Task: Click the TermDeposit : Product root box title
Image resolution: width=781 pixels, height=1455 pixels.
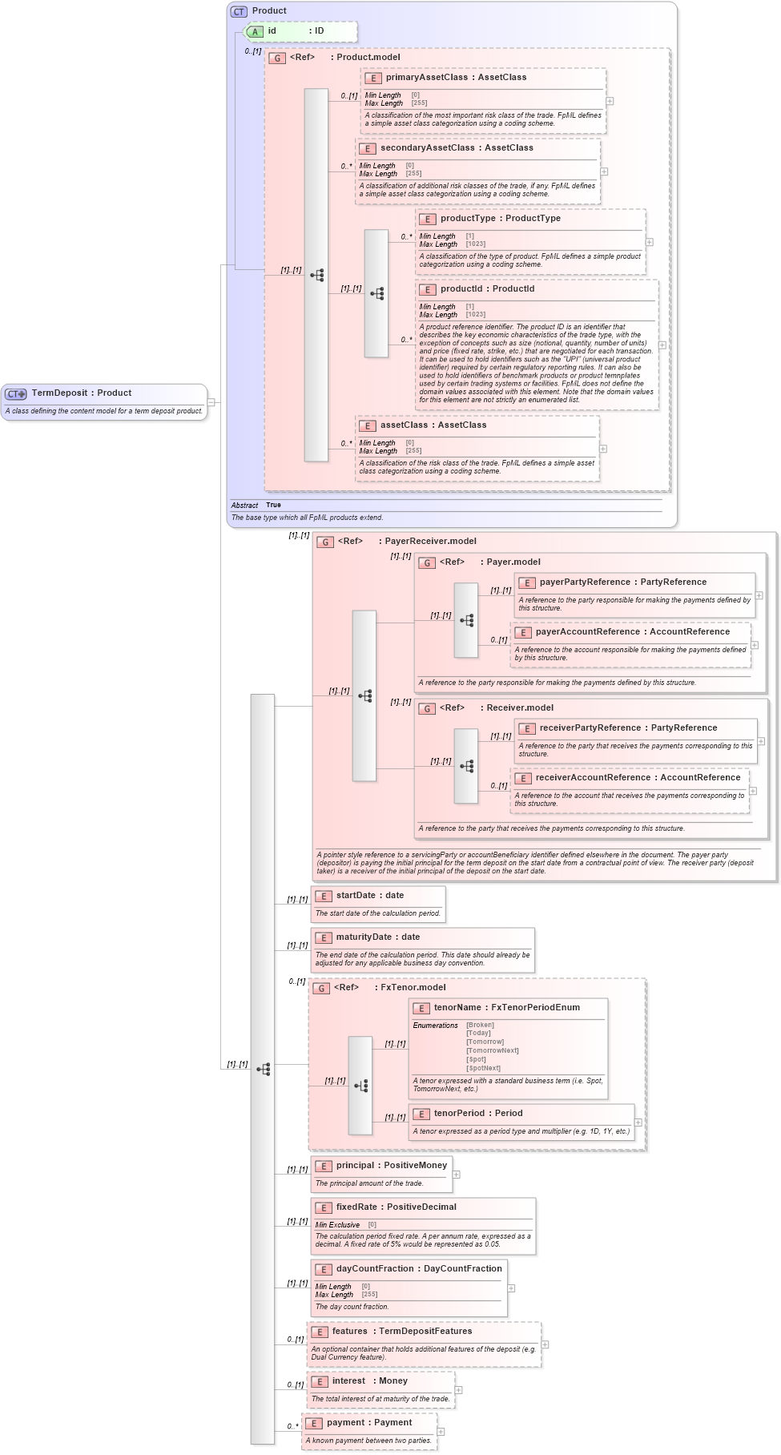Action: click(x=81, y=393)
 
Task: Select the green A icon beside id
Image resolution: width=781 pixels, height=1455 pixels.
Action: click(x=255, y=32)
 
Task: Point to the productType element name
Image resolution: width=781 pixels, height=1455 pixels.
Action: click(x=468, y=219)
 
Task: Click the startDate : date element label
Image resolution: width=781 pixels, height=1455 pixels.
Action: click(x=369, y=896)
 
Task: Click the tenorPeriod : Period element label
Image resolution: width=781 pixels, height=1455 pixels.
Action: click(x=477, y=1114)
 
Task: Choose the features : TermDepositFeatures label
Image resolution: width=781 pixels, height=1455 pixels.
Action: click(x=401, y=1332)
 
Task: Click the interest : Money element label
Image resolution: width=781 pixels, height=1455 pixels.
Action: click(x=369, y=1381)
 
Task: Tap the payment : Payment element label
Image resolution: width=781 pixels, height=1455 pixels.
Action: click(x=368, y=1423)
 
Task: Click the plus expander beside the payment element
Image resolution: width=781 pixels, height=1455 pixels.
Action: click(x=441, y=1432)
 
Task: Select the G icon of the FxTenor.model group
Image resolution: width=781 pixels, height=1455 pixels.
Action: click(x=321, y=989)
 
